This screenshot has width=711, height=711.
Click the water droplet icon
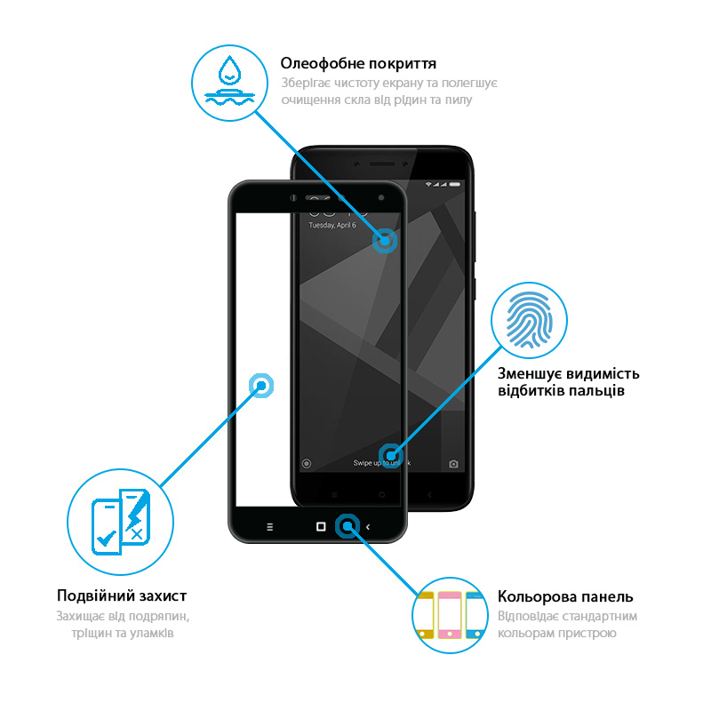point(229,70)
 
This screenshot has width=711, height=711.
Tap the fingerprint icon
point(529,319)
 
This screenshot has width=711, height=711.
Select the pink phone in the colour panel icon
point(450,615)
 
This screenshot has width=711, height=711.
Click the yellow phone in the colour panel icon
point(426,615)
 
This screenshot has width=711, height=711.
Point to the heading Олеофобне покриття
point(358,63)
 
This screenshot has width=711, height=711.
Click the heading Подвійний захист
point(122,595)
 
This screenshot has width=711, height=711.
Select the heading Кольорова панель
point(565,596)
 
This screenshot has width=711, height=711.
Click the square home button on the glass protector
point(321,526)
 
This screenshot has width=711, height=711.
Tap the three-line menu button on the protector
point(270,527)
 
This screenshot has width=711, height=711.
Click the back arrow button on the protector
point(368,527)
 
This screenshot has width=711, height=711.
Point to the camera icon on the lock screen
point(453,464)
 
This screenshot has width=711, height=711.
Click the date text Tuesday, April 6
point(332,225)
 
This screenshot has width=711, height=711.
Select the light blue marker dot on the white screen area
point(261,386)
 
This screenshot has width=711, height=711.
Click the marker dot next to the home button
point(348,526)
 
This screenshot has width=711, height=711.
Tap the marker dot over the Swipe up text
point(391,456)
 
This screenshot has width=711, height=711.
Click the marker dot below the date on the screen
point(385,241)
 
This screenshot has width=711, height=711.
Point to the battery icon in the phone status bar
point(455,185)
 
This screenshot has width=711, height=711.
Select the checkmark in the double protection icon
point(107,538)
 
